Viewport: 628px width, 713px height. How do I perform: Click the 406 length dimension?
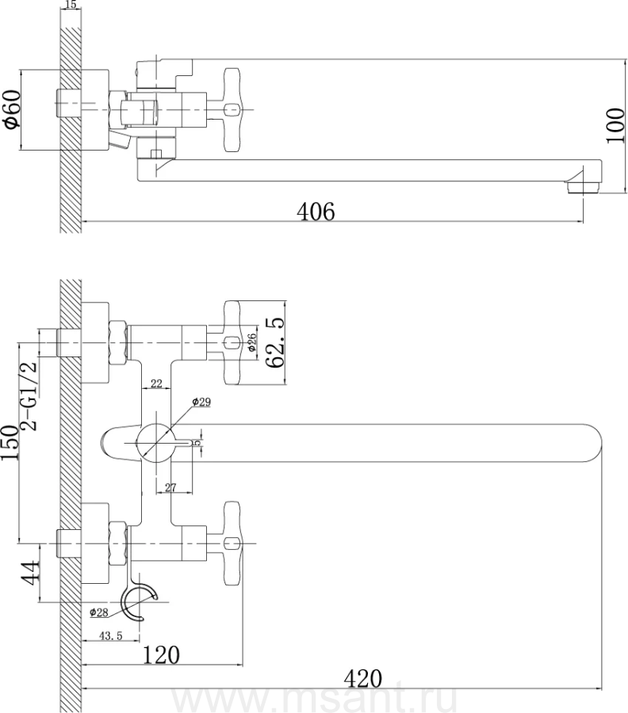coord(315,212)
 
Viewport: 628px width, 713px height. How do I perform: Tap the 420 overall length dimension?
coord(364,679)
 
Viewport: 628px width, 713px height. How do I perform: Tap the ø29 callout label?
coord(202,402)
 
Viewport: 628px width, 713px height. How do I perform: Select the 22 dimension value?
coord(156,384)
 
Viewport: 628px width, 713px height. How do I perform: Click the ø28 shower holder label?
coord(99,612)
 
